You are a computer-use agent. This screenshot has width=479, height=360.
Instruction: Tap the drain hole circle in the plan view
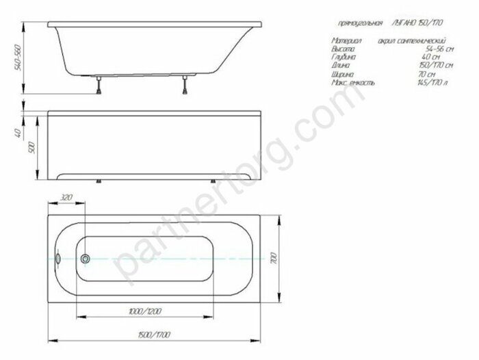tap(85, 259)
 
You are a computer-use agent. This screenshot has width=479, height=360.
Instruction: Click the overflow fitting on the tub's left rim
tap(59, 259)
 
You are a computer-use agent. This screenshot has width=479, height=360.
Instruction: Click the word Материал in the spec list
tap(345, 42)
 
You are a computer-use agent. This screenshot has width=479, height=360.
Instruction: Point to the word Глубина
tap(344, 58)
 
